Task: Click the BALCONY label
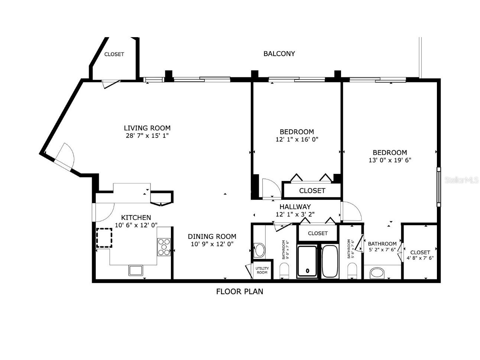279,53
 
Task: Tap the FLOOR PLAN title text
239,292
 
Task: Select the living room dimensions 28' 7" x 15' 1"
147,136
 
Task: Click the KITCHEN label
136,218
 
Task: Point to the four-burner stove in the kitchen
163,247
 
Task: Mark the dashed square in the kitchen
104,238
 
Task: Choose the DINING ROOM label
212,236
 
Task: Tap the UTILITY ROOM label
262,270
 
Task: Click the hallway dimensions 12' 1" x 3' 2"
295,214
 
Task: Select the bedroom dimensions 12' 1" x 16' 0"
296,140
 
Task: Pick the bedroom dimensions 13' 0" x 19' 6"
390,160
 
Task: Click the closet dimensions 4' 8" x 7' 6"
420,258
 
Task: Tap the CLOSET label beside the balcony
114,54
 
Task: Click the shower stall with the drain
307,262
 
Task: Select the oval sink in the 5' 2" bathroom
378,273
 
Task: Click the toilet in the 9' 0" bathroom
284,270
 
